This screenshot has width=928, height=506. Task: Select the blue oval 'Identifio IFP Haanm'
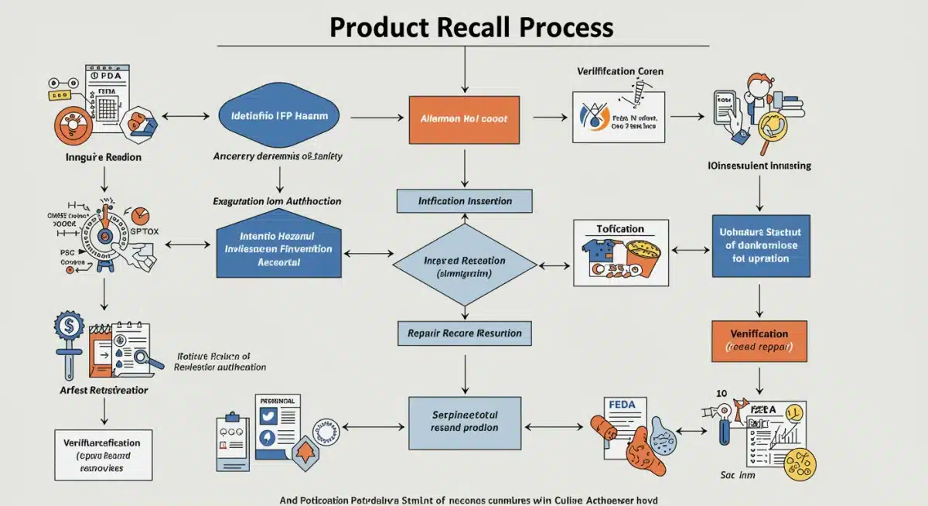tap(279, 116)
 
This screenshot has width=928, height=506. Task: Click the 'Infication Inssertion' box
tap(465, 201)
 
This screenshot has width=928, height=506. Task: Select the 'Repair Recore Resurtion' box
tap(464, 333)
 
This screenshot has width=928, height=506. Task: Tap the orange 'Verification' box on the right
tap(759, 340)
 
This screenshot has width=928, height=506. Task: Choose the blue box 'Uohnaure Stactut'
tap(760, 245)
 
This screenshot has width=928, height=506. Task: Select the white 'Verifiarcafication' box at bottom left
tap(103, 455)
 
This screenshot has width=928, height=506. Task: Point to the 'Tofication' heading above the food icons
tap(620, 229)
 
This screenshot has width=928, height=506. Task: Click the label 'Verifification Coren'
tap(619, 71)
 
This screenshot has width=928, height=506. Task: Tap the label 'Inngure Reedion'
tap(103, 158)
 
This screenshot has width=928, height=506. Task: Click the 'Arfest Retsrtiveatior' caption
tap(104, 389)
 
